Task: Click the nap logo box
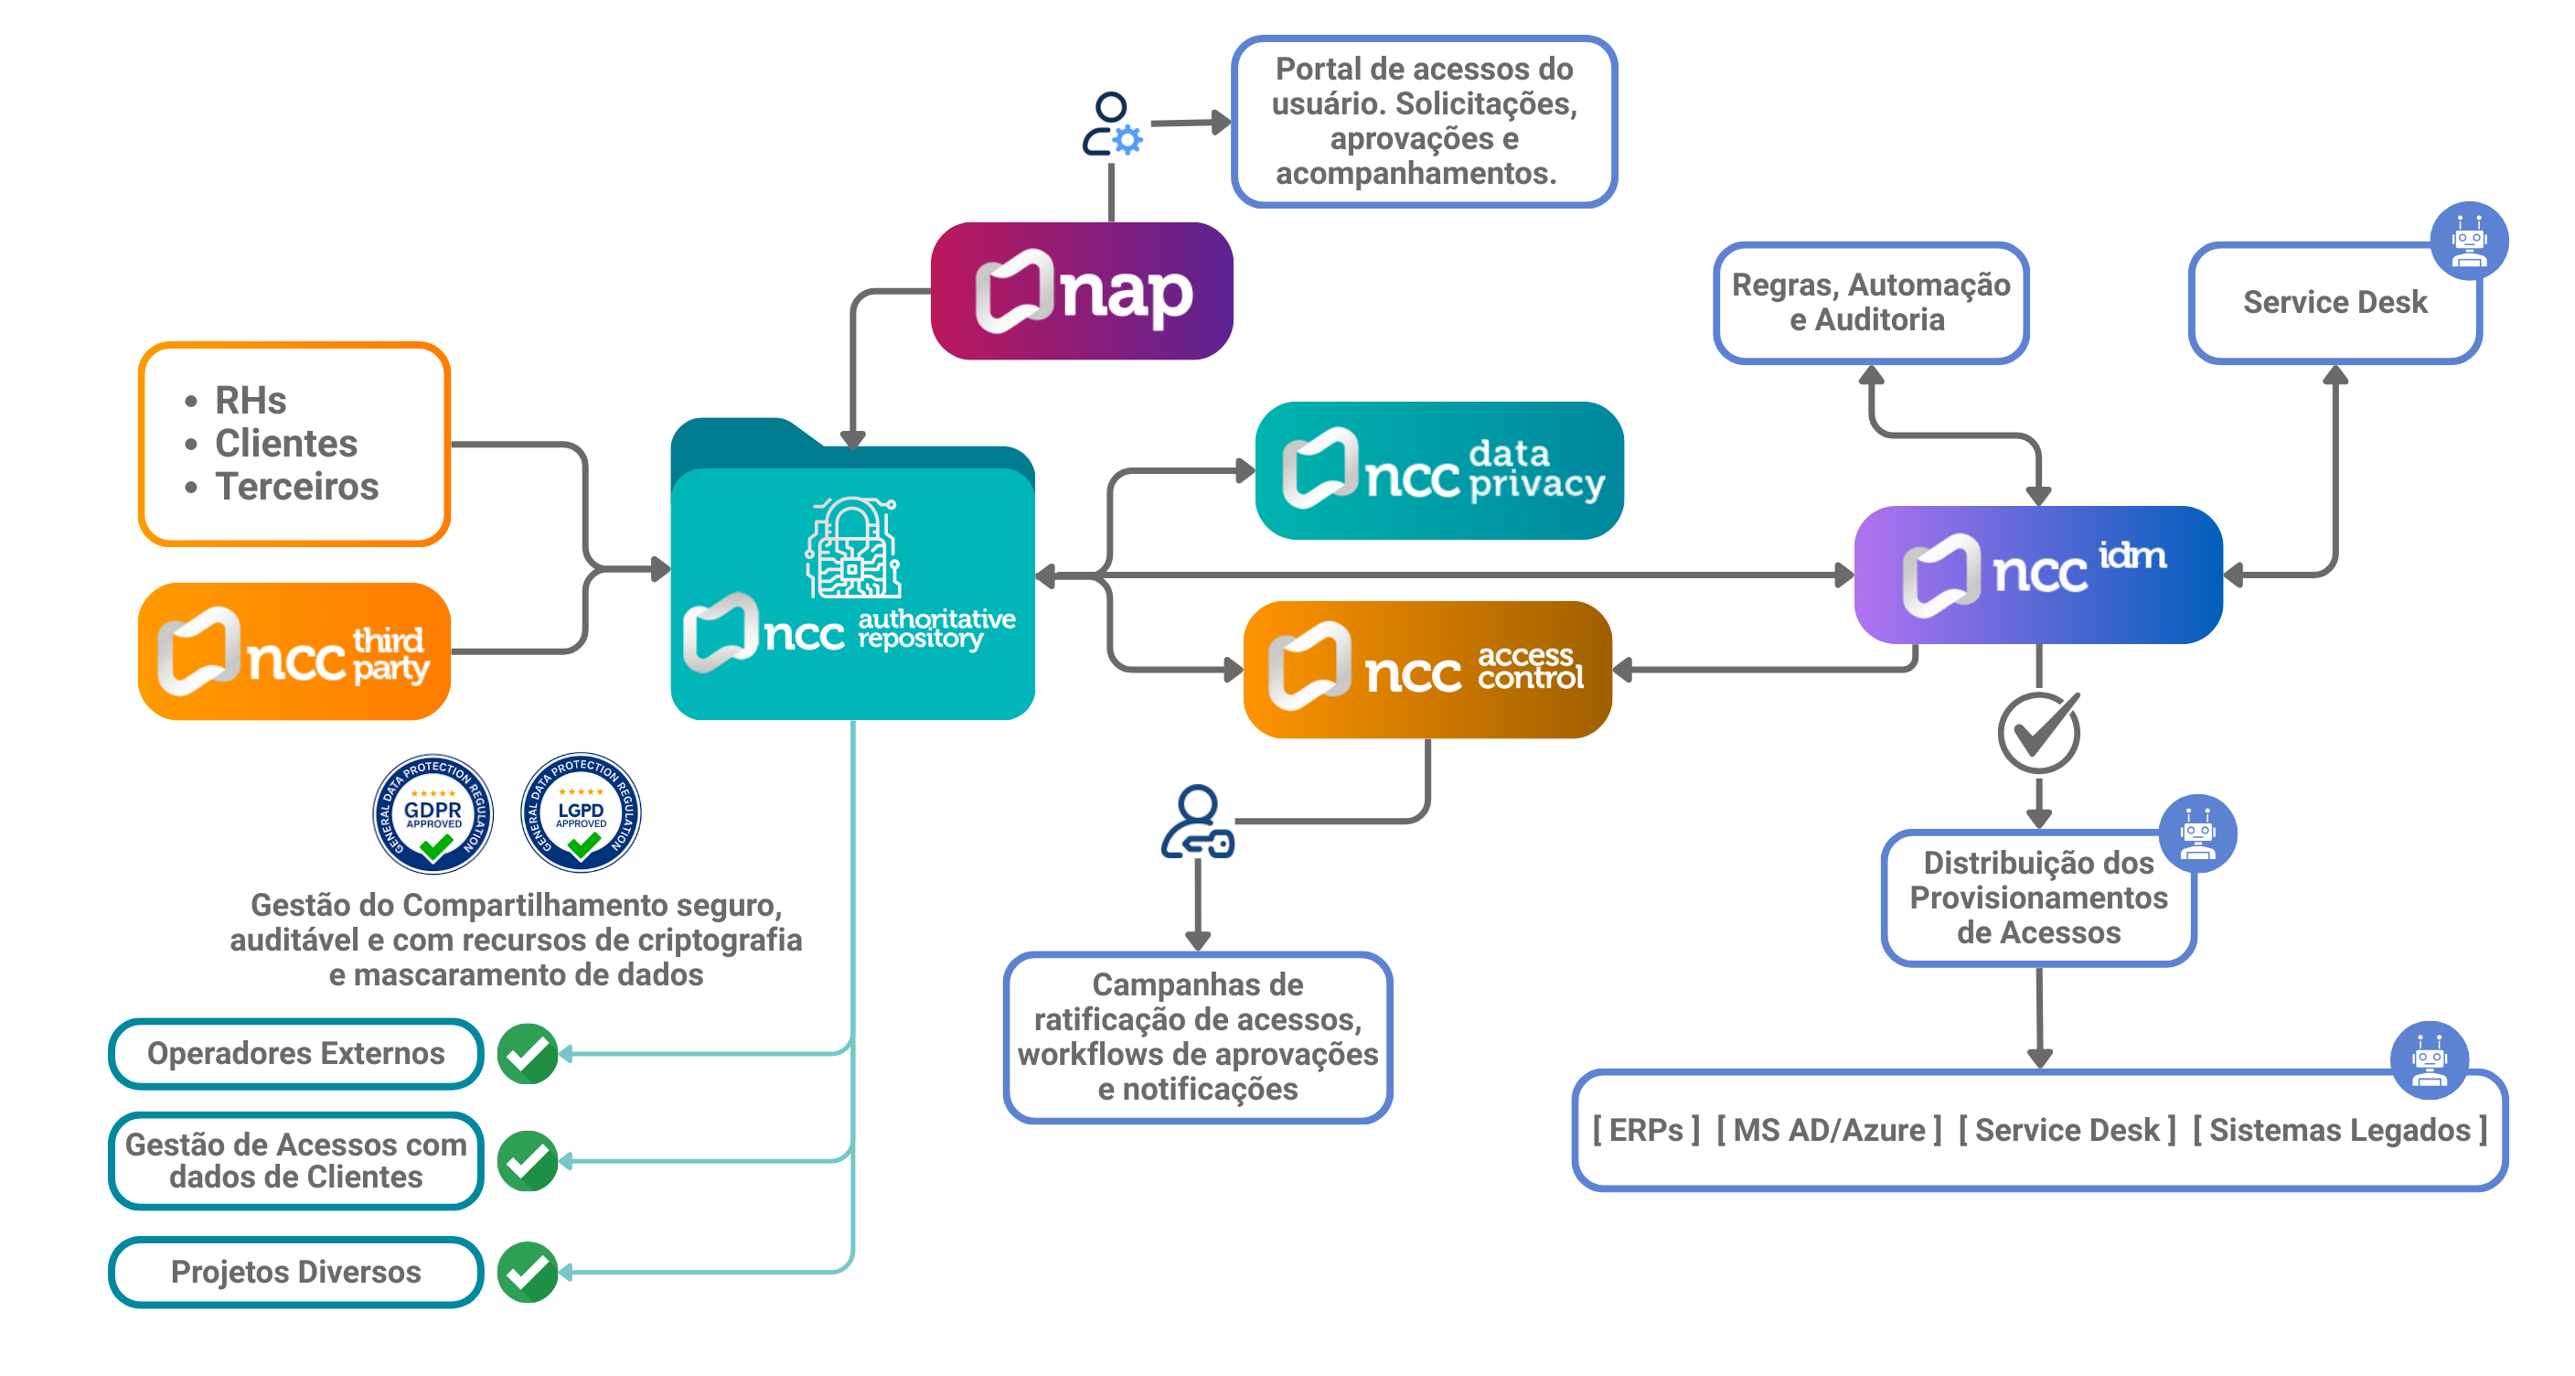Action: coord(1082,291)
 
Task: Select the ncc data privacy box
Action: coord(1438,471)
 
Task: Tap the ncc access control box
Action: coord(1426,669)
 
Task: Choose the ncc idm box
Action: coord(2037,574)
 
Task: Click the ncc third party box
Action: coord(294,651)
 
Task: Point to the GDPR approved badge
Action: coord(433,813)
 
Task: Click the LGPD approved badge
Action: coord(581,809)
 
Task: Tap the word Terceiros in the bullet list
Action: coord(297,487)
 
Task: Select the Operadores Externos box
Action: coord(296,1053)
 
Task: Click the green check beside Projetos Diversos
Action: coord(528,1272)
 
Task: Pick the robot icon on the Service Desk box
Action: coord(2468,241)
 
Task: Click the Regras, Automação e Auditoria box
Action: coord(1870,303)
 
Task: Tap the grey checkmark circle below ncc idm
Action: coord(2038,733)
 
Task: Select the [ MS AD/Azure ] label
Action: coord(1828,1130)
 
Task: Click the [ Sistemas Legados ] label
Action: coord(2339,1130)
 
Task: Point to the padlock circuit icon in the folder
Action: coord(852,548)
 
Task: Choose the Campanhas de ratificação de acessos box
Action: coord(1198,1037)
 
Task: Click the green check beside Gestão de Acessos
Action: coord(528,1161)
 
